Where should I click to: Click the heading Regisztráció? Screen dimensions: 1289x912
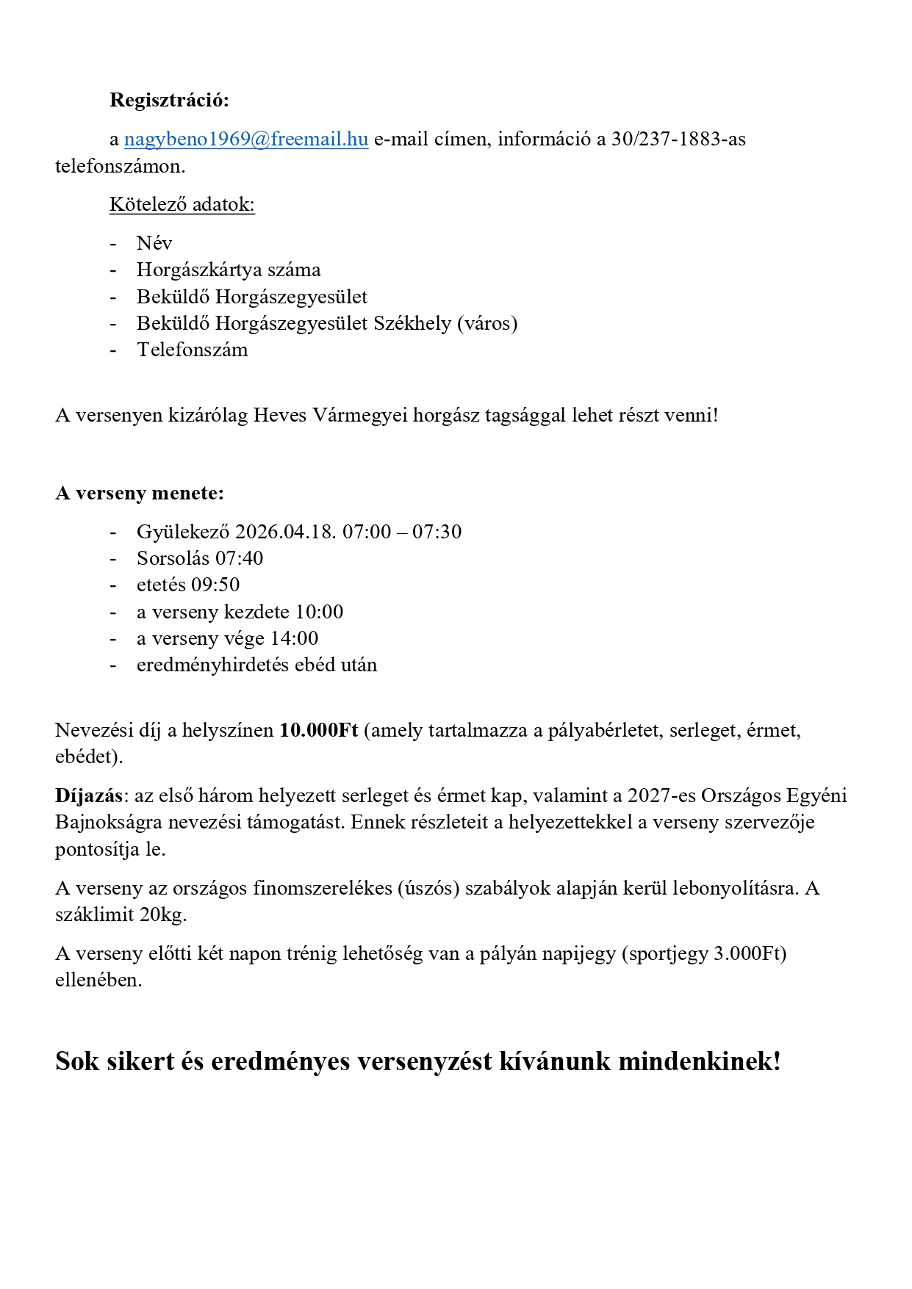point(169,100)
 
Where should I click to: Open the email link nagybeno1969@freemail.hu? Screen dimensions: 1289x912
point(245,139)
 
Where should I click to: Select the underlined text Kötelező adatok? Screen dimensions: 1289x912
point(182,204)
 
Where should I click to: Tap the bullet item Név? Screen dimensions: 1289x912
point(154,243)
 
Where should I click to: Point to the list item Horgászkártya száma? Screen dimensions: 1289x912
point(228,270)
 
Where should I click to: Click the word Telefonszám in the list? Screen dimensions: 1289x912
point(192,350)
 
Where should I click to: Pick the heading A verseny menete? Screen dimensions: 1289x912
point(139,493)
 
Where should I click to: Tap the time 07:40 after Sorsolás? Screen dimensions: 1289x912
point(239,558)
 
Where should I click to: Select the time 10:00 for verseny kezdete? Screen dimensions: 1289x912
point(319,612)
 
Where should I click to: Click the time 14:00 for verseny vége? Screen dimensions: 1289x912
point(294,638)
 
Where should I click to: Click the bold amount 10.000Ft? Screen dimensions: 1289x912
point(318,730)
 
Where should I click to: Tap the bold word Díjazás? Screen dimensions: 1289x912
point(88,795)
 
